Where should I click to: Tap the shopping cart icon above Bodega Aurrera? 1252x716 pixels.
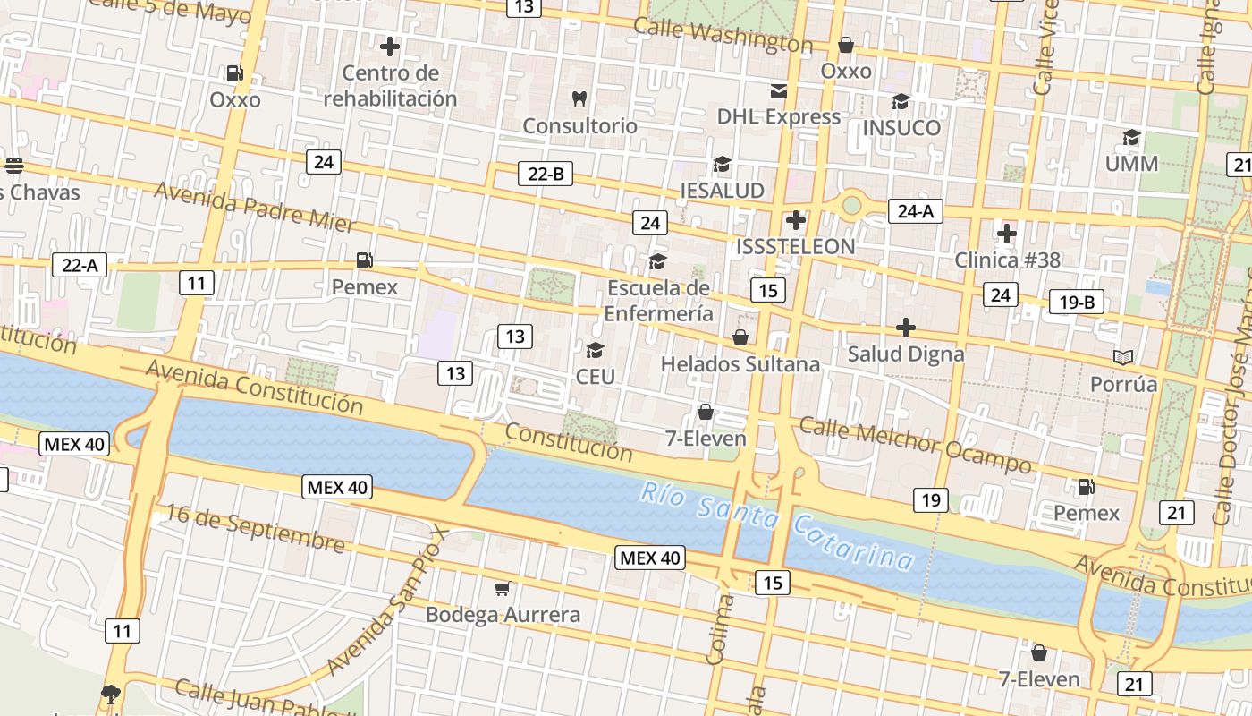[x=503, y=588]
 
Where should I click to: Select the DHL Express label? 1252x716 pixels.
[x=779, y=116]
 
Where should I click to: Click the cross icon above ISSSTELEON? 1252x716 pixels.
[x=795, y=220]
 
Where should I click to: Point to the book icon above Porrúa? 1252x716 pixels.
[x=1123, y=358]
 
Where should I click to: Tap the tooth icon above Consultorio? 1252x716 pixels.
[x=579, y=98]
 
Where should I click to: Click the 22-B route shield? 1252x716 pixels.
[x=546, y=174]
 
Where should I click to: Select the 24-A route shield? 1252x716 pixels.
[x=916, y=211]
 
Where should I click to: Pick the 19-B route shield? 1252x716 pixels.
[x=1077, y=303]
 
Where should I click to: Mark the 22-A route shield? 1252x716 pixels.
[x=80, y=265]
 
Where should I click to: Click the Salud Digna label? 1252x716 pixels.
[x=906, y=354]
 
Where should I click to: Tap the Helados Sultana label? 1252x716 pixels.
[x=740, y=364]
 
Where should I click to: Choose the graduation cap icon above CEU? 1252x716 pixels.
[x=595, y=350]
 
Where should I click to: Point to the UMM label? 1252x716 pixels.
[x=1131, y=164]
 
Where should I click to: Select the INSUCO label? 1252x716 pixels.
[x=901, y=128]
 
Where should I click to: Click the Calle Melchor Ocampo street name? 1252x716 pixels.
[x=915, y=444]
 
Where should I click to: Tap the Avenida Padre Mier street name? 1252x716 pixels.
[x=255, y=207]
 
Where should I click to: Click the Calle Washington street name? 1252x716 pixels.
[x=723, y=35]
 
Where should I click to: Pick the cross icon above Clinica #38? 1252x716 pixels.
[x=1007, y=234]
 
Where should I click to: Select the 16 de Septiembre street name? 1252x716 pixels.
[x=255, y=528]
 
